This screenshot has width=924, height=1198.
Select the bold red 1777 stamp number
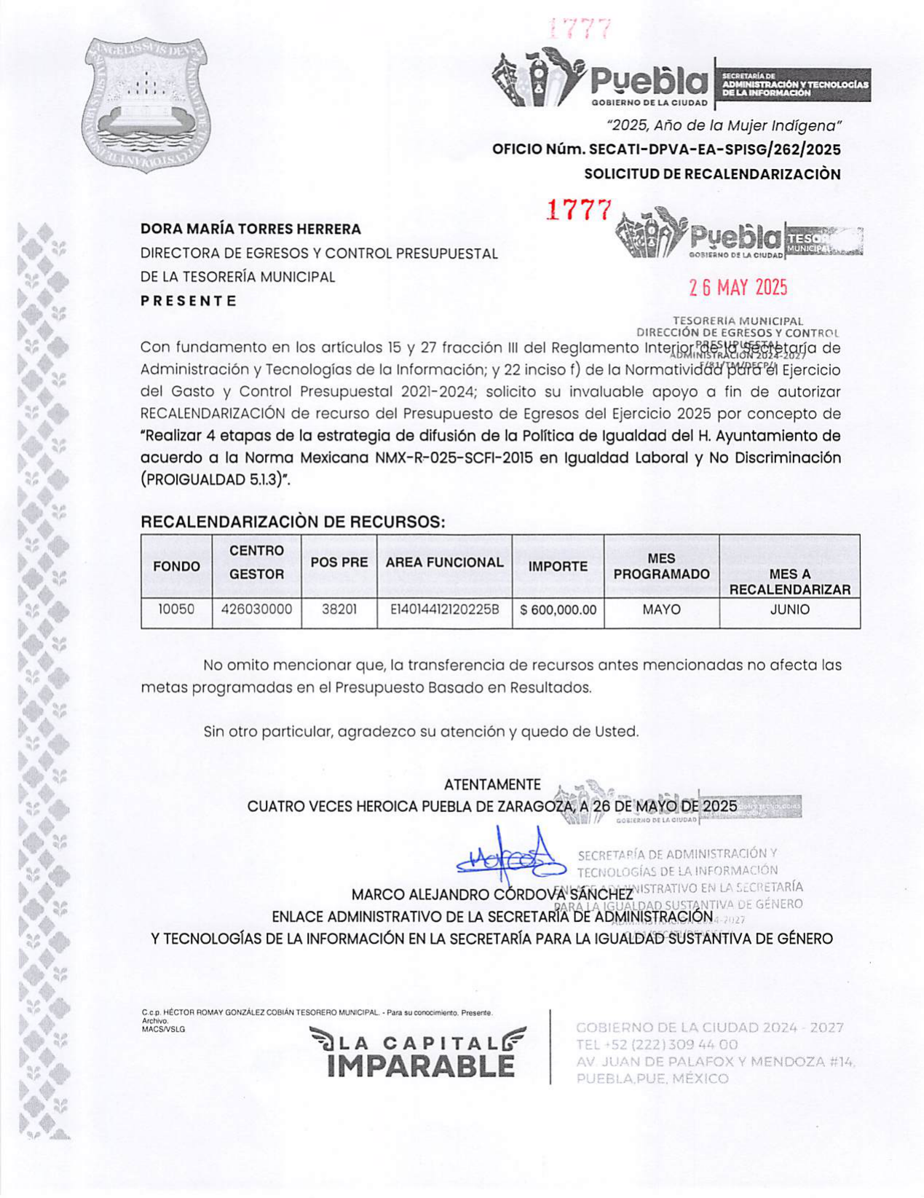pyautogui.click(x=579, y=210)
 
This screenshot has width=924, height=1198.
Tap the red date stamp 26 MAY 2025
pyautogui.click(x=738, y=288)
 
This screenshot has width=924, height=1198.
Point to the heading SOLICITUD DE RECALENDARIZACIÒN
pyautogui.click(x=712, y=174)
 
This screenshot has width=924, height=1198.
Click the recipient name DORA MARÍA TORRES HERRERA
pyautogui.click(x=250, y=229)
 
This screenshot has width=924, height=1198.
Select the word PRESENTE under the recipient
pyautogui.click(x=189, y=301)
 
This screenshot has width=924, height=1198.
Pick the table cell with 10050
pyautogui.click(x=176, y=610)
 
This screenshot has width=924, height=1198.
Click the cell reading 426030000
pyautogui.click(x=256, y=610)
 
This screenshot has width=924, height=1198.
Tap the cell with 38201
pyautogui.click(x=339, y=610)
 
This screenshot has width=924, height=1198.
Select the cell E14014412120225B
pyautogui.click(x=444, y=610)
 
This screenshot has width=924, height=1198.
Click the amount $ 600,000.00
pyautogui.click(x=558, y=610)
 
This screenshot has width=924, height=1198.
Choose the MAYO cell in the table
pyautogui.click(x=661, y=610)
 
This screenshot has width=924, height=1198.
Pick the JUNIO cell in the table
pyautogui.click(x=789, y=610)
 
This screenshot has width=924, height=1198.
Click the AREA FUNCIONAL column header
pyautogui.click(x=444, y=563)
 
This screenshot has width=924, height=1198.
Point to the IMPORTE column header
pyautogui.click(x=558, y=567)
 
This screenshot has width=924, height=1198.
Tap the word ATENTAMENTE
pyautogui.click(x=492, y=785)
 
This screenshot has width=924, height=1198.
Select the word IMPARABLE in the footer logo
pyautogui.click(x=421, y=1066)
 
